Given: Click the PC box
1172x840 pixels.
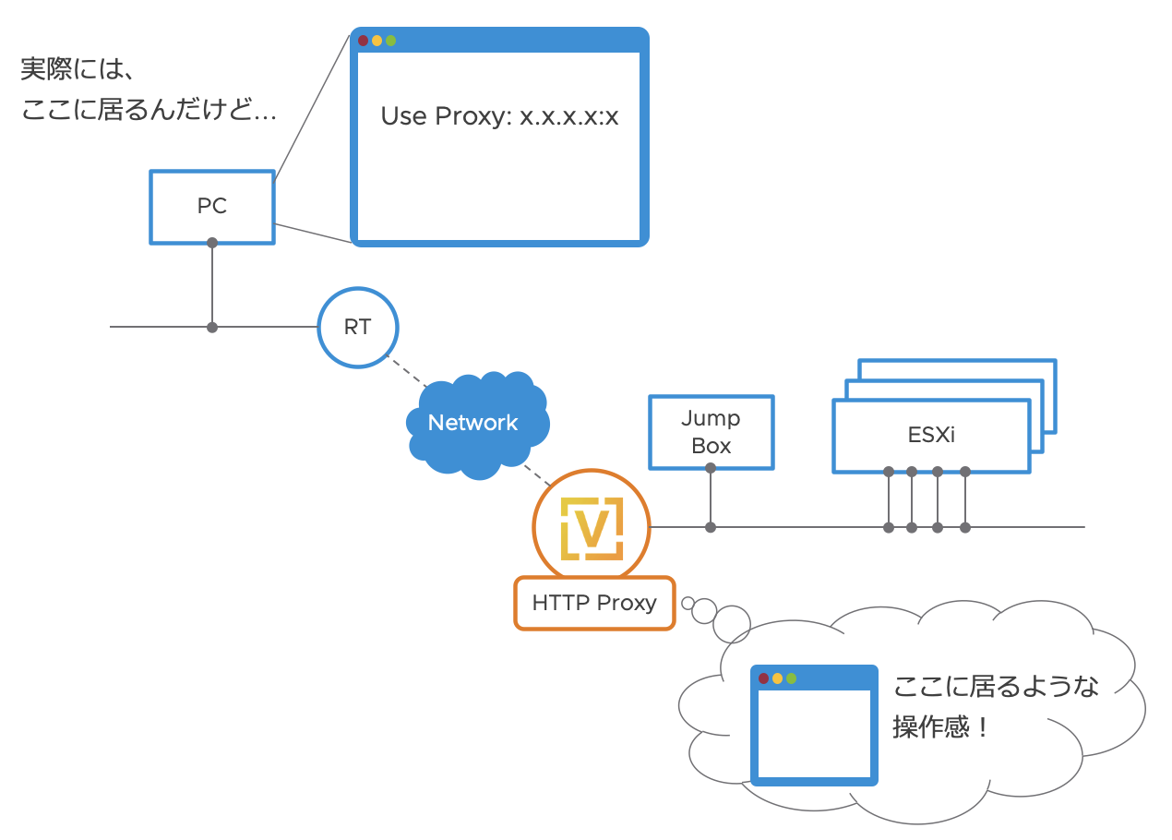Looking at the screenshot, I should pyautogui.click(x=212, y=207).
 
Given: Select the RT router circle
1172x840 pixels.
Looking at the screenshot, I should pyautogui.click(x=357, y=328).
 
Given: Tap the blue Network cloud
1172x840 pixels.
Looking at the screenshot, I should pyautogui.click(x=473, y=423).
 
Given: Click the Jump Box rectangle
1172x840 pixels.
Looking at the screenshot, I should pyautogui.click(x=711, y=432).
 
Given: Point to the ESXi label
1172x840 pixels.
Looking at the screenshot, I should pyautogui.click(x=931, y=434).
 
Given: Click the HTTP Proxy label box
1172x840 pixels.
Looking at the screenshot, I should pyautogui.click(x=594, y=604).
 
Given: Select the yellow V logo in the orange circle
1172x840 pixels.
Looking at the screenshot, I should pyautogui.click(x=591, y=528).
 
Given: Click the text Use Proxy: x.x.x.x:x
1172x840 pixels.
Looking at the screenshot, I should pyautogui.click(x=499, y=117).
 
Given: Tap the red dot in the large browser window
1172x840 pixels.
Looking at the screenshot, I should pyautogui.click(x=364, y=41).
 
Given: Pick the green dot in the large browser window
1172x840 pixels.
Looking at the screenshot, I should pyautogui.click(x=390, y=41).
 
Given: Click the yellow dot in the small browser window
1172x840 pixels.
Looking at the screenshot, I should pyautogui.click(x=777, y=678).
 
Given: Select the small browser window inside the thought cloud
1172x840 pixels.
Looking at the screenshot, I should pyautogui.click(x=814, y=726).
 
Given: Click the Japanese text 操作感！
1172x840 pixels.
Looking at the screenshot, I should pyautogui.click(x=941, y=728).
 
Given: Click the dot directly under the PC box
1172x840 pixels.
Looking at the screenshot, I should pyautogui.click(x=212, y=243).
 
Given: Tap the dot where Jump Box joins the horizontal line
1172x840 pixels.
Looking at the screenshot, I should pyautogui.click(x=711, y=527).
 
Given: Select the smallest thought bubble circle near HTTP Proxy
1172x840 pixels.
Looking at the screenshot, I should pyautogui.click(x=688, y=604).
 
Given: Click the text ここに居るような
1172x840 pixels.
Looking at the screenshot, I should pyautogui.click(x=996, y=687).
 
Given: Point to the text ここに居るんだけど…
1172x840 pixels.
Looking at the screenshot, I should pyautogui.click(x=149, y=112).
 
